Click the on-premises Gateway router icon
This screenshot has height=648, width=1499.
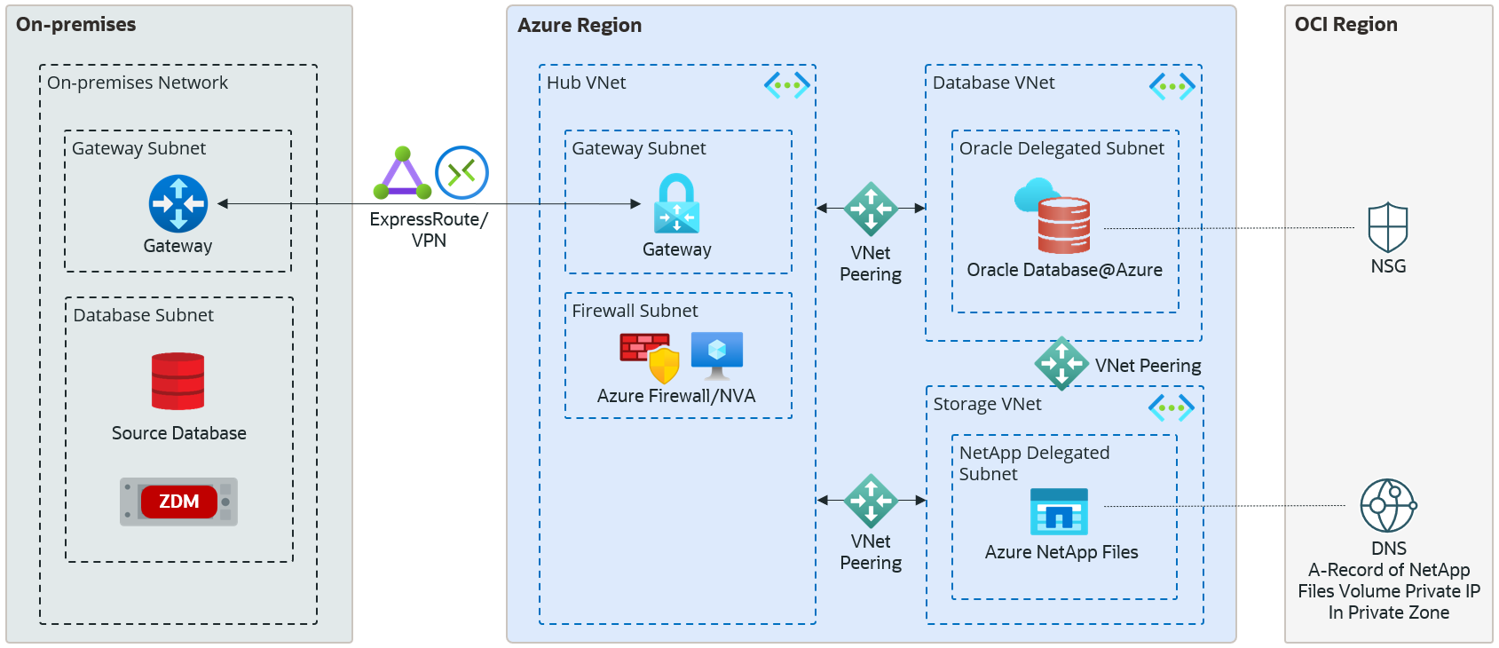(x=178, y=203)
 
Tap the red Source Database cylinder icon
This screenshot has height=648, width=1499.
(x=178, y=382)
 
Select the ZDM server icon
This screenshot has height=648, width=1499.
(x=178, y=502)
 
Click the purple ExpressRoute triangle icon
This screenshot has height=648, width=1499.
(x=403, y=174)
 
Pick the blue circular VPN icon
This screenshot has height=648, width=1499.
(x=462, y=172)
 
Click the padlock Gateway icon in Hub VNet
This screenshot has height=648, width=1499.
(x=676, y=204)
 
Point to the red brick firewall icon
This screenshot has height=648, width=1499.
(x=645, y=348)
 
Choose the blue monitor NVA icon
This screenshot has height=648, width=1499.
(x=717, y=354)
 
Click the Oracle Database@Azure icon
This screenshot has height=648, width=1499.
(x=1056, y=216)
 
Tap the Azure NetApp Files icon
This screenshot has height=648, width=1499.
(x=1059, y=511)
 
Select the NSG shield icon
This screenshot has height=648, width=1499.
(x=1388, y=228)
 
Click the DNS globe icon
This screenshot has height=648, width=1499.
(x=1388, y=505)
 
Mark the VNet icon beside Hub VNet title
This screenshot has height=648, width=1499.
(x=787, y=85)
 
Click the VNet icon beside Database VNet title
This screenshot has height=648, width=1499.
(x=1172, y=86)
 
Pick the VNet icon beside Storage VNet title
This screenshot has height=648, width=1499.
(x=1172, y=408)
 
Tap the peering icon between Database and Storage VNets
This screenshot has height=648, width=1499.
(x=1061, y=364)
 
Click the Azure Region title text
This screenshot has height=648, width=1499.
(x=580, y=26)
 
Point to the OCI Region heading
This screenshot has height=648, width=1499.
(x=1345, y=25)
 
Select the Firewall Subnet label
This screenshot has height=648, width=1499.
(x=635, y=311)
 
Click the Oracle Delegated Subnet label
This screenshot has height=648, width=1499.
(x=1061, y=148)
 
